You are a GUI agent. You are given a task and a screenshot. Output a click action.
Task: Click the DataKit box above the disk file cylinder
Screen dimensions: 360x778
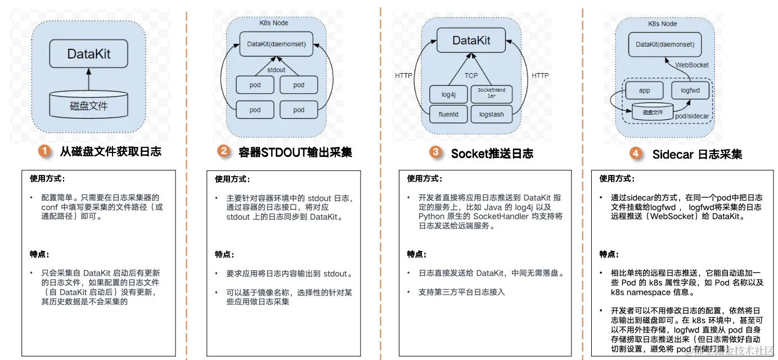pos(88,54)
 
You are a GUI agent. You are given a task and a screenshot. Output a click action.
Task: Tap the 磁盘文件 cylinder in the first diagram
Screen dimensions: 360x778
pos(88,105)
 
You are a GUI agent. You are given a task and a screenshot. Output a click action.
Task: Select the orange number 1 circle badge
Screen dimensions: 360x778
pos(44,151)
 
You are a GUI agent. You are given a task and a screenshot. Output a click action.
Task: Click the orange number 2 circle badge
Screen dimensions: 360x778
pos(223,151)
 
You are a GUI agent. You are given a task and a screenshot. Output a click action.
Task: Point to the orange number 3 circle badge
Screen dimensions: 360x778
pos(435,152)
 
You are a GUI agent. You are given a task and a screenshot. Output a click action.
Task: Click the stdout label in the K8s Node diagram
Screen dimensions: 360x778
pos(276,70)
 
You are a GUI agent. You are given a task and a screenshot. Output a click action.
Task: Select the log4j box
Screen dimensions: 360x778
pos(448,94)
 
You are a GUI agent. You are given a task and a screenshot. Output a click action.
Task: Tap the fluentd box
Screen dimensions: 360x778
pos(448,115)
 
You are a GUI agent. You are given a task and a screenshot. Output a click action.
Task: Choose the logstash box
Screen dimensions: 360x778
pos(492,115)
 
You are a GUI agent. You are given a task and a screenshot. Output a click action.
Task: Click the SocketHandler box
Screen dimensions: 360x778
pos(492,93)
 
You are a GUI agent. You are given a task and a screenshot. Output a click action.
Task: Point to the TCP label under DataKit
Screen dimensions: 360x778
pos(471,75)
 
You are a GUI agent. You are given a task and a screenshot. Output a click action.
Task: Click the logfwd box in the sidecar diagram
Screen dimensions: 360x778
pos(690,90)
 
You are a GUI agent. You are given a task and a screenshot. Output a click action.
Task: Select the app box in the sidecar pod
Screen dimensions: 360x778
pos(645,90)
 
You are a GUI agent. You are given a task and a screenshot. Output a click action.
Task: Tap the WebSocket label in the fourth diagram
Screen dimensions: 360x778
pos(692,65)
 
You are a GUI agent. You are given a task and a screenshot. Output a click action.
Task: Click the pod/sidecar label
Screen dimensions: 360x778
pos(693,116)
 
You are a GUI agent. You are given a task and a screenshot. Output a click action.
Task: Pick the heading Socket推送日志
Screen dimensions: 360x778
pos(492,153)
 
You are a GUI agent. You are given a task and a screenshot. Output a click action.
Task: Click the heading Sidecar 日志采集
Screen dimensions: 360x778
pos(697,154)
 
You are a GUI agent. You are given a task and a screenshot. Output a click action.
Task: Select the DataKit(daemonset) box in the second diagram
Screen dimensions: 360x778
pos(276,44)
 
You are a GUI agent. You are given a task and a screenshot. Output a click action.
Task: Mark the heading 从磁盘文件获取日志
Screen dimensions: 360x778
pos(111,151)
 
